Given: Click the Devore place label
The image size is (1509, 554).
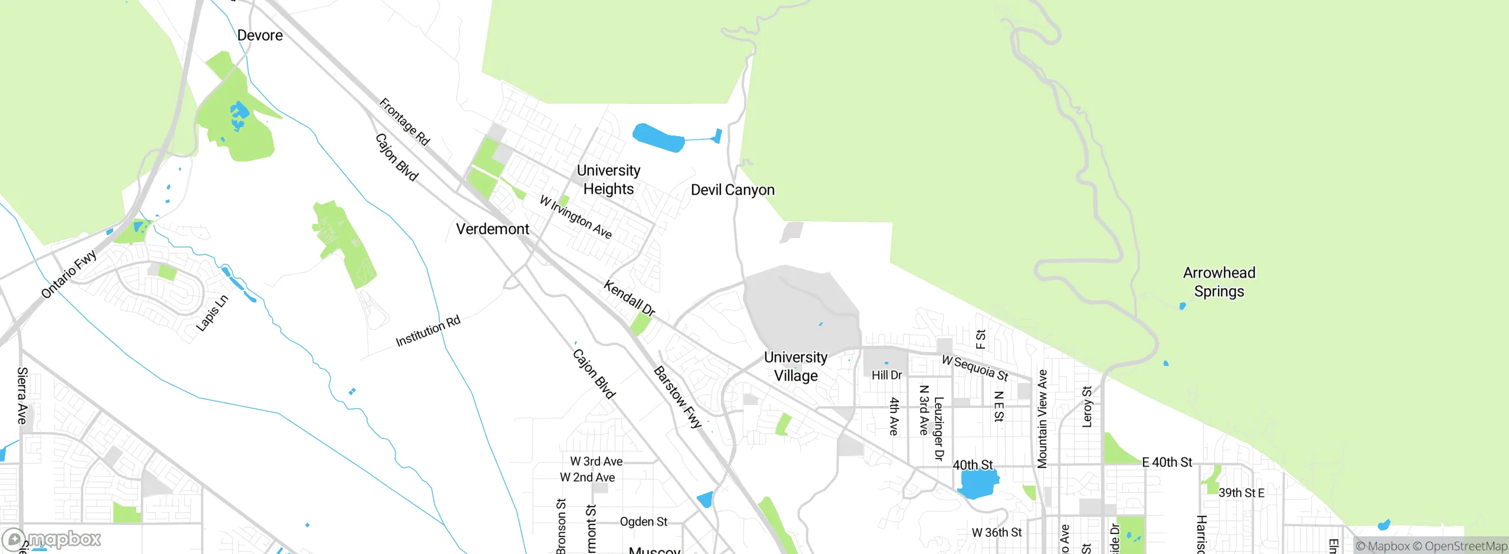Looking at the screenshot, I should click(x=260, y=35).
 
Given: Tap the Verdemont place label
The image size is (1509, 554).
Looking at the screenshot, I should click(x=492, y=229).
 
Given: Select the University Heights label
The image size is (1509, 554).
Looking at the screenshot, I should click(x=608, y=180).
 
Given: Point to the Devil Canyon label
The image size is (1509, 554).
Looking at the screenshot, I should click(x=732, y=190).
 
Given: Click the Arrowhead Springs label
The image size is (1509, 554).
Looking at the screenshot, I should click(x=1219, y=282).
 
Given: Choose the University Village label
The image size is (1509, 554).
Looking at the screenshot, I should click(x=795, y=367).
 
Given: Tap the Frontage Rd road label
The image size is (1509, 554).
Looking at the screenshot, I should click(x=404, y=122).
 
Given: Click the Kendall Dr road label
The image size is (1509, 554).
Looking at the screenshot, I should click(x=629, y=298).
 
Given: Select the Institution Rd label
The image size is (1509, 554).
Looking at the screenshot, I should click(x=428, y=331).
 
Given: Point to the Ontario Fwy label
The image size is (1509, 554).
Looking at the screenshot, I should click(x=69, y=274).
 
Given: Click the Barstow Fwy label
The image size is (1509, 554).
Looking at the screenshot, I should click(x=678, y=397).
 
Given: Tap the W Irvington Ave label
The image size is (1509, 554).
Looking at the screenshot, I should click(x=576, y=217).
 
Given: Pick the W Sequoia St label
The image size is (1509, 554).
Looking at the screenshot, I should click(x=975, y=368).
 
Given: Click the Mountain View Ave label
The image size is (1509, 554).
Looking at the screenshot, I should click(x=1042, y=419).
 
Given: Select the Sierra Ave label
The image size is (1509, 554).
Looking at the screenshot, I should click(x=22, y=395).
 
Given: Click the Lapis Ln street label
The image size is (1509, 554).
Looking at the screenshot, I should click(x=212, y=313).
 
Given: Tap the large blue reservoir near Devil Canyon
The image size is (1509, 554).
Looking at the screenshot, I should click(x=657, y=138).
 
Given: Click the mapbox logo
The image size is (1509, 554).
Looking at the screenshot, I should click(x=52, y=539).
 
